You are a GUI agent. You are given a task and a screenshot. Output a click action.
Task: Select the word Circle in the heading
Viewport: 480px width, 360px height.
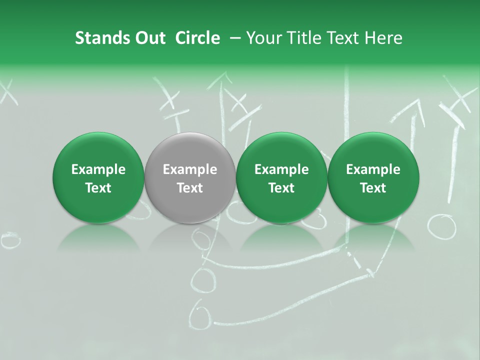(197, 38)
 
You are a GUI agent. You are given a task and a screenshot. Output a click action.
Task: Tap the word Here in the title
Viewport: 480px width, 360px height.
(384, 38)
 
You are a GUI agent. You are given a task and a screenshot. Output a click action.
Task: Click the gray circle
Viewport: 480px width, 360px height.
(190, 177)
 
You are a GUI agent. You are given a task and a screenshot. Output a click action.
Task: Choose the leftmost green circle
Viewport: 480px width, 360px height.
(98, 177)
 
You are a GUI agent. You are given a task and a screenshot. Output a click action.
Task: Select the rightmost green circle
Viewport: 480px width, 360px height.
(373, 177)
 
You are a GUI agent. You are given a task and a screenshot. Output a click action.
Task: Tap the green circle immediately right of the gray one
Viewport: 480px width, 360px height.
(281, 177)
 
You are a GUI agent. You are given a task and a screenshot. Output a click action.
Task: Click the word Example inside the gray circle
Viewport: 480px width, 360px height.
(190, 169)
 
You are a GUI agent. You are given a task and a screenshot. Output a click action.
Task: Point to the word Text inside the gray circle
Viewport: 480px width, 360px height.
(190, 188)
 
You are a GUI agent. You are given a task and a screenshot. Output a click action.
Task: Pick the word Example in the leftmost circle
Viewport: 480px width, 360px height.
(98, 169)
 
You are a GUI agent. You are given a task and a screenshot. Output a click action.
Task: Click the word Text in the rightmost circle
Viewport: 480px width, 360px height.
(373, 188)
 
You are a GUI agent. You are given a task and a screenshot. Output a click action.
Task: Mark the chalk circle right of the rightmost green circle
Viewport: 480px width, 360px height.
(442, 226)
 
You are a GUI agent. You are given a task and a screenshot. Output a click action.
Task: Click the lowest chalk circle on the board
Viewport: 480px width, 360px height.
(201, 314)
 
